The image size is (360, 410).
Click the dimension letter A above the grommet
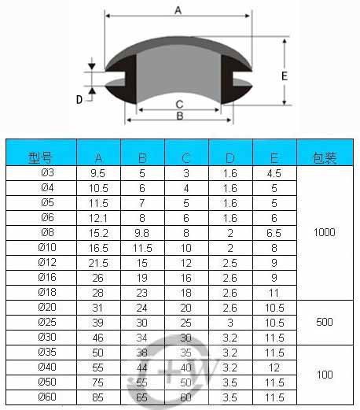click(178, 10)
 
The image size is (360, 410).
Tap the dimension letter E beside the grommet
click(285, 76)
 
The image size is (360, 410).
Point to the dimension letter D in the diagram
click(79, 98)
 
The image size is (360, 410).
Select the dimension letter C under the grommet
click(179, 104)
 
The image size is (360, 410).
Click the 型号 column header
click(40, 157)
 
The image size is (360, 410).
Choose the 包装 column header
click(324, 157)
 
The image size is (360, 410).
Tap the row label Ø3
click(46, 172)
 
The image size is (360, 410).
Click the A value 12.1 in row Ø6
click(98, 217)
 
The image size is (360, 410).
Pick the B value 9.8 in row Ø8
click(142, 232)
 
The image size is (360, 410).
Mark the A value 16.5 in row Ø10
click(98, 247)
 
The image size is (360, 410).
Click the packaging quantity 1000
click(324, 232)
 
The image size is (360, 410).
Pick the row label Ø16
click(46, 277)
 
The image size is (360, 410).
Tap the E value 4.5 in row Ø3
click(274, 172)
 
